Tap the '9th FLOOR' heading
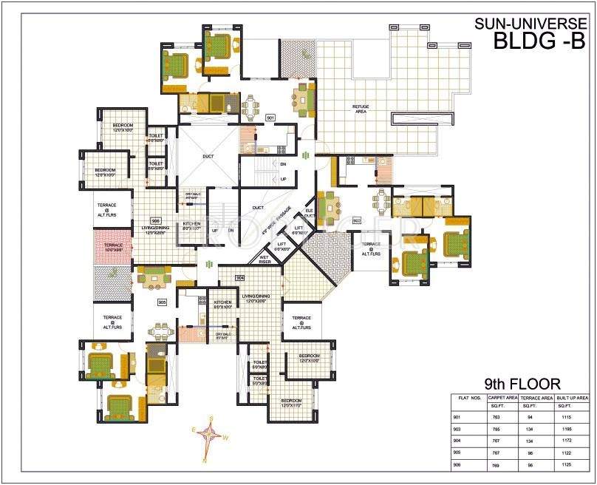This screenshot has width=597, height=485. (x=522, y=384)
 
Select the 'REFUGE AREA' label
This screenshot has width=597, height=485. (x=360, y=109)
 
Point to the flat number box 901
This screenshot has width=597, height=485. (x=270, y=118)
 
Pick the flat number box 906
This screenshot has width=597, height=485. (x=156, y=220)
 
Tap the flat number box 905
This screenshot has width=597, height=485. (x=163, y=302)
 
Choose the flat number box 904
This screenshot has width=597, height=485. (x=239, y=277)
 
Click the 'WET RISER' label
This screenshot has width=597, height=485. (x=264, y=259)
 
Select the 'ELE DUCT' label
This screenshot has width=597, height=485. (x=309, y=214)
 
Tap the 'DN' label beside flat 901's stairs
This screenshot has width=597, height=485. (x=283, y=163)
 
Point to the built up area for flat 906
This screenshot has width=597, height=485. (x=566, y=464)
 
